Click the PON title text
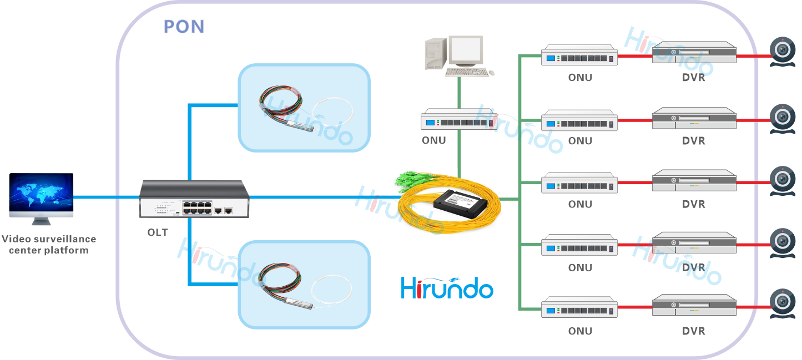[x=184, y=27]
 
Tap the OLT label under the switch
[x=157, y=232]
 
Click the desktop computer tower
[x=435, y=53]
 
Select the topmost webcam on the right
[x=783, y=50]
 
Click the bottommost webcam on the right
[x=783, y=302]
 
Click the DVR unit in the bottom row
[x=694, y=306]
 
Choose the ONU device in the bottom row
[x=579, y=307]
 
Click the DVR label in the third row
[x=694, y=204]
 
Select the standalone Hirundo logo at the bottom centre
[x=447, y=287]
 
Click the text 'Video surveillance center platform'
[x=49, y=245]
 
